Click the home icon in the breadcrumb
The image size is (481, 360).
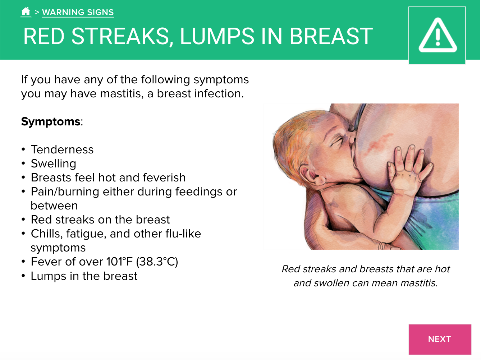click(26, 11)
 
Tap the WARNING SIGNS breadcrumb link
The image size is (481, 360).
click(78, 12)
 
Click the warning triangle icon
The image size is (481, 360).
click(438, 35)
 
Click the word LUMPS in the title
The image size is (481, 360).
click(217, 36)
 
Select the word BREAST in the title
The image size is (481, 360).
click(331, 36)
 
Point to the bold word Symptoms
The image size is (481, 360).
click(51, 121)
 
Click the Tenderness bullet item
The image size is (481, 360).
click(62, 149)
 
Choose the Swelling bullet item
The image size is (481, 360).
click(54, 164)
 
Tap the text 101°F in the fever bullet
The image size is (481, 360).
click(119, 262)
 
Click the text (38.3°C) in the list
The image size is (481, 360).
click(157, 262)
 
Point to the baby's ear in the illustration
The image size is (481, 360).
click(310, 175)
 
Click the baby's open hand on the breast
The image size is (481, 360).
click(408, 169)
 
